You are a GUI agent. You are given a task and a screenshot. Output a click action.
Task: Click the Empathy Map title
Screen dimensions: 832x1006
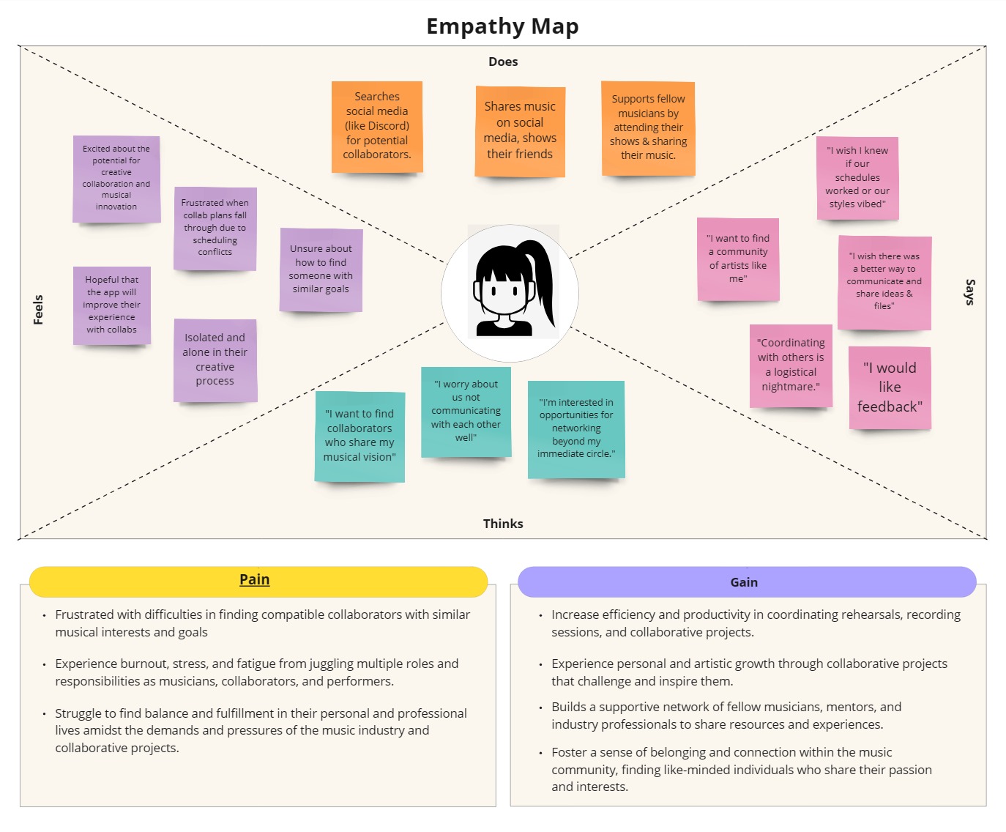(x=502, y=26)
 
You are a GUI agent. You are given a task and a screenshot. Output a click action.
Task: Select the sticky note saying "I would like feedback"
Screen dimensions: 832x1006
(x=890, y=387)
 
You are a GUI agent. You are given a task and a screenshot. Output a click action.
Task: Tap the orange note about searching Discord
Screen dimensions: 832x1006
(x=377, y=126)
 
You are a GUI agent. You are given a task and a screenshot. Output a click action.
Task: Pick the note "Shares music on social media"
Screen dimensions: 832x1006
(x=520, y=130)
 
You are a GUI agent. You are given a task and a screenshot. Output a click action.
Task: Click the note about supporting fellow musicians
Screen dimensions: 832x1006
(x=648, y=127)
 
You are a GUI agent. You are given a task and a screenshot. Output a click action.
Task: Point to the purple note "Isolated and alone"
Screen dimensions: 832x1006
(x=215, y=360)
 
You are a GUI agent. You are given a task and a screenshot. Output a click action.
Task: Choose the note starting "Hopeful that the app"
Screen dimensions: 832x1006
(x=112, y=305)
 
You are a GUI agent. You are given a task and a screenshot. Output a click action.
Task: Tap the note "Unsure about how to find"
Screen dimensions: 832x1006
(x=321, y=269)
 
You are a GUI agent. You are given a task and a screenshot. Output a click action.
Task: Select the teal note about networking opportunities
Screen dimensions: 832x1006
(x=576, y=428)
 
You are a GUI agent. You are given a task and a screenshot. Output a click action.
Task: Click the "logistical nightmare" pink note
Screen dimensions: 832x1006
(x=791, y=365)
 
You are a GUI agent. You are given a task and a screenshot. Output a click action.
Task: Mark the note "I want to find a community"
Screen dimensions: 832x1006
(x=738, y=259)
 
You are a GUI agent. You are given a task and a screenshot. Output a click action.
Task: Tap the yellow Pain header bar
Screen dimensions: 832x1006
(x=258, y=581)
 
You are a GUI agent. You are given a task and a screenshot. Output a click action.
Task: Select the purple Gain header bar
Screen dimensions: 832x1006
(x=747, y=582)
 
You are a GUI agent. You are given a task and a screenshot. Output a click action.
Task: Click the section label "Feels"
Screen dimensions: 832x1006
(x=38, y=309)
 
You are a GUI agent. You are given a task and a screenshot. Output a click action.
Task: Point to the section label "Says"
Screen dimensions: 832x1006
(x=969, y=291)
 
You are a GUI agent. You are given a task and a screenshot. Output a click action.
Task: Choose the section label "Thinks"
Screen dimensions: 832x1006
(x=503, y=524)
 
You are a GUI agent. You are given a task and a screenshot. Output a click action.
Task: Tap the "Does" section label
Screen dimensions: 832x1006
(x=503, y=62)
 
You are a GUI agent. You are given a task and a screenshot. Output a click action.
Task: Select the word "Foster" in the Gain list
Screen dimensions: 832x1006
(x=570, y=752)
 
